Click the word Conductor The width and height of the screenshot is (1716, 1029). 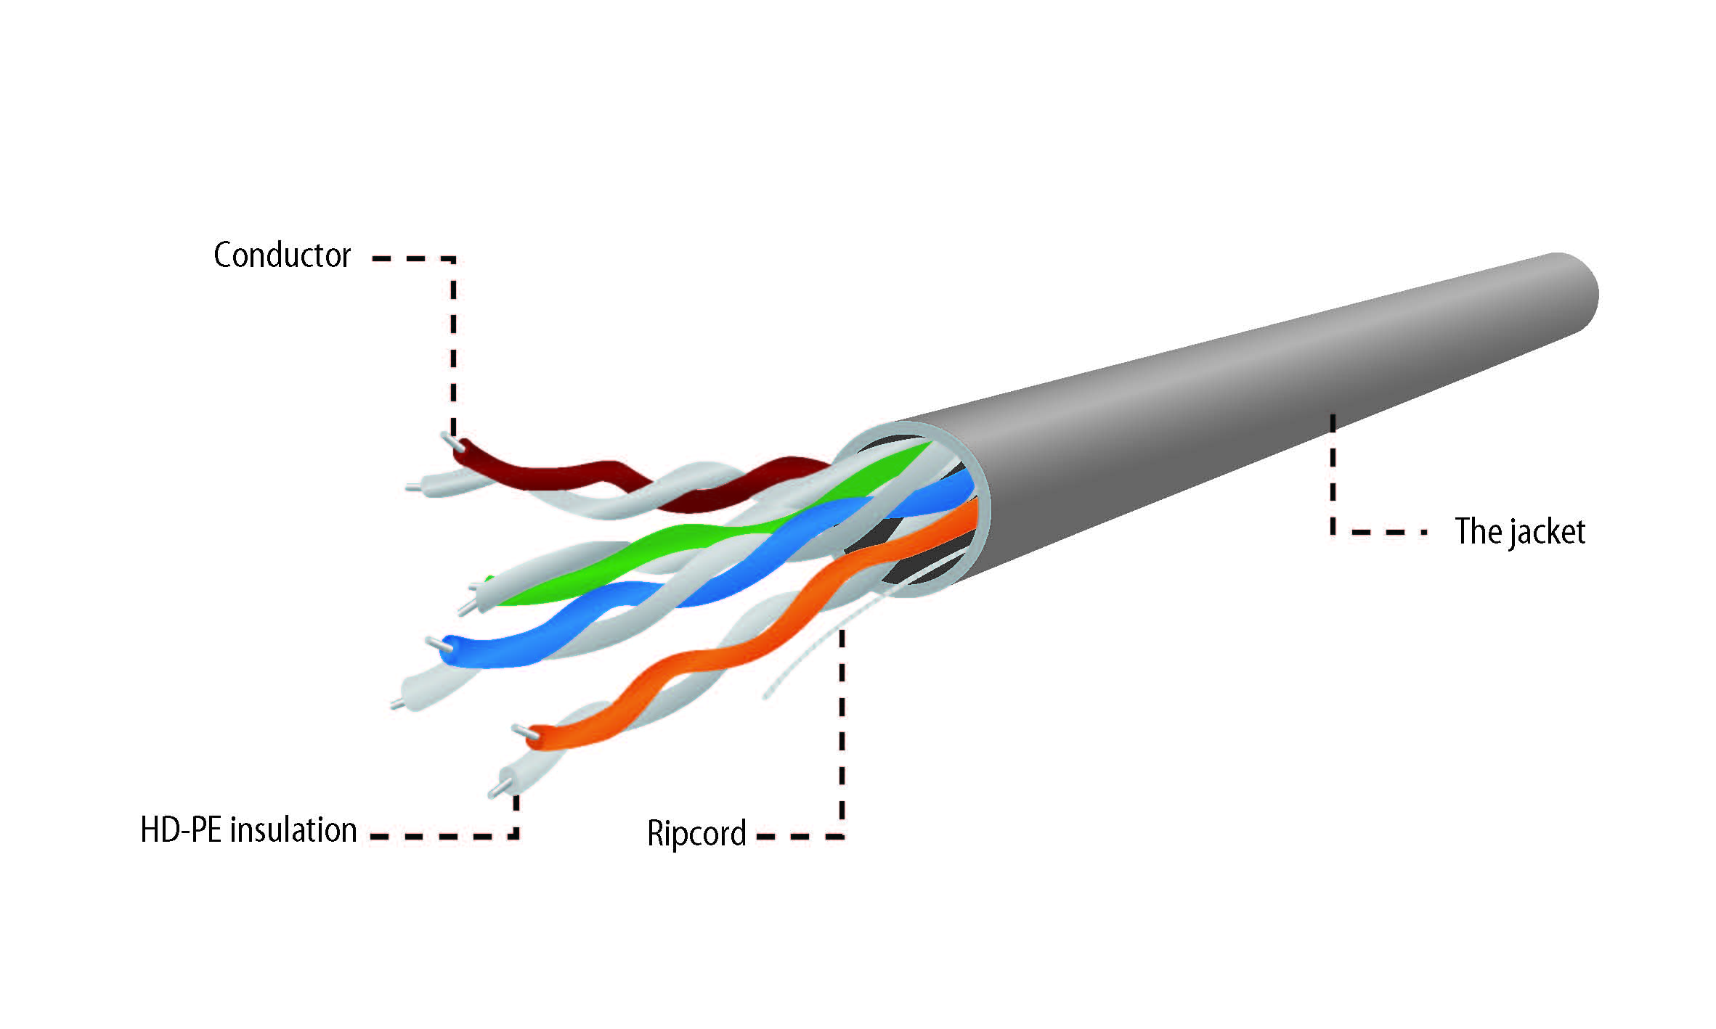(282, 255)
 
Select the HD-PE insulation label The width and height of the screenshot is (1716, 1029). (248, 829)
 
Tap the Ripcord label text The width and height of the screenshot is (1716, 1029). (696, 833)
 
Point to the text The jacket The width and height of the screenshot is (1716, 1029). (1520, 531)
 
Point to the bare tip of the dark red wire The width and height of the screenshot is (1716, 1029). (450, 440)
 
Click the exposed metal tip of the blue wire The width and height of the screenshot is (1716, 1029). (434, 642)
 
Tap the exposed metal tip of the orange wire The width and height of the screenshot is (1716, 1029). (521, 731)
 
